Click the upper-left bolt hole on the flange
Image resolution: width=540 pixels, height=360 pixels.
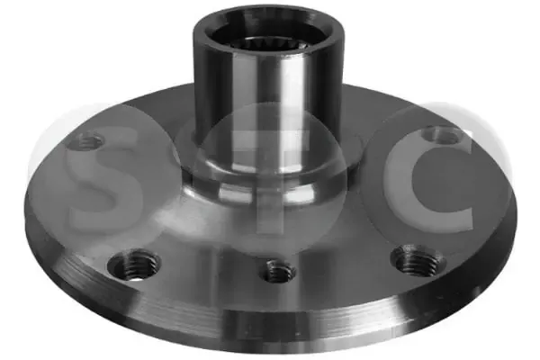click(85, 141)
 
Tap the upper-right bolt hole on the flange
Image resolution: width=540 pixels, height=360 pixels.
click(443, 135)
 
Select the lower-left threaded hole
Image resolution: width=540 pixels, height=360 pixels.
click(134, 265)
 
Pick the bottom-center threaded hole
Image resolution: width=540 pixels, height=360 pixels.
click(278, 270)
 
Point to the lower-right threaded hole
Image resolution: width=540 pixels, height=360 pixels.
click(418, 260)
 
